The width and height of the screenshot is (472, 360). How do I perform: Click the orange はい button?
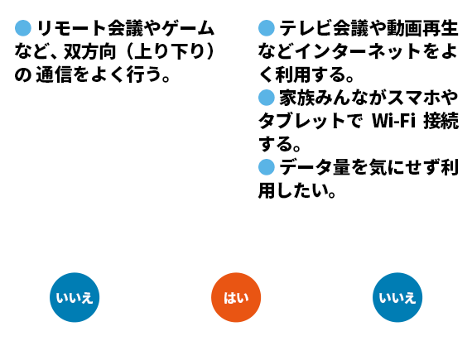click(236, 297)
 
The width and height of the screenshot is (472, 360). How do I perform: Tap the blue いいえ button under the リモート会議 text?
click(75, 297)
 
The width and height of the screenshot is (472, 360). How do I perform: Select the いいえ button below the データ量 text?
click(397, 297)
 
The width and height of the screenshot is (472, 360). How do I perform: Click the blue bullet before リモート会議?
click(23, 28)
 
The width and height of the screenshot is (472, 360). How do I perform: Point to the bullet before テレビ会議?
click(267, 28)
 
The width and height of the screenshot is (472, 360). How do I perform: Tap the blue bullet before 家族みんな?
click(267, 98)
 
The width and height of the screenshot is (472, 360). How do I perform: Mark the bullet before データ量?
click(267, 167)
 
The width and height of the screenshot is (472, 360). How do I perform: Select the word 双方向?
click(89, 52)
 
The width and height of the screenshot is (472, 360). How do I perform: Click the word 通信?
click(54, 74)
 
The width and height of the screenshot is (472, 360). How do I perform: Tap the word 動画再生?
click(422, 28)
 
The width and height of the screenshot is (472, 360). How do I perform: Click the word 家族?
click(296, 98)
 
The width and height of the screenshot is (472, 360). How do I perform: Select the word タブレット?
click(301, 121)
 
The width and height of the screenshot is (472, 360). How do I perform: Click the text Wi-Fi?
click(393, 121)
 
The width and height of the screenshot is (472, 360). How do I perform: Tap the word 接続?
click(441, 121)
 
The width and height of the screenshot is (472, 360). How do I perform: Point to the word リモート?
click(71, 28)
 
